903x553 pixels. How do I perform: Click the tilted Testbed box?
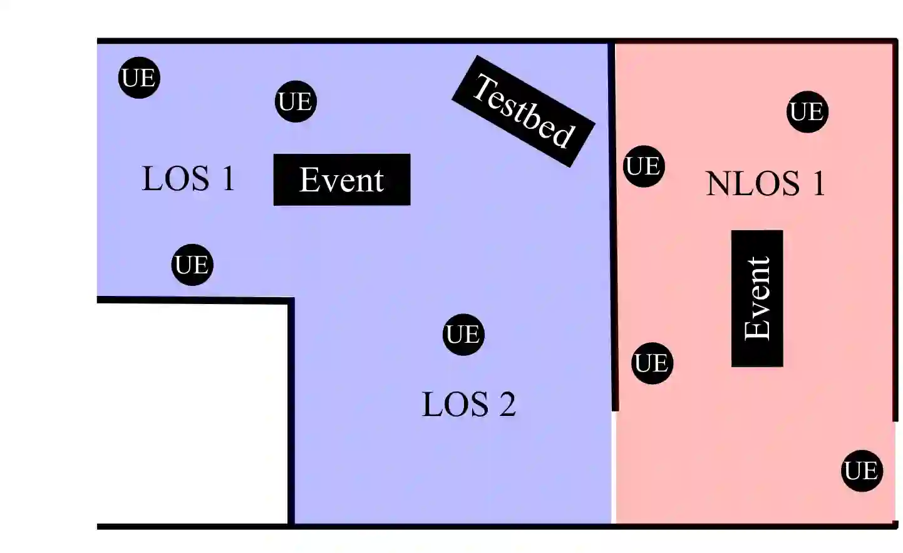(x=523, y=111)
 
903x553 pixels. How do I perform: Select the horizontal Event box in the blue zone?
(x=342, y=180)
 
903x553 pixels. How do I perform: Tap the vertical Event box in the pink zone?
(x=757, y=298)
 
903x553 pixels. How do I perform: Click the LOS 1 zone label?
(x=188, y=179)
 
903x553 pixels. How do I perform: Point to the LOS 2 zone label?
(x=468, y=404)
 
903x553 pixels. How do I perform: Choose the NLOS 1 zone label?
(x=765, y=184)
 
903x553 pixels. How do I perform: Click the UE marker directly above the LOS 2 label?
(x=463, y=335)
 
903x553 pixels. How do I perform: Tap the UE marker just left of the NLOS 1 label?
(x=644, y=166)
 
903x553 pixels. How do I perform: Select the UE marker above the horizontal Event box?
(x=296, y=101)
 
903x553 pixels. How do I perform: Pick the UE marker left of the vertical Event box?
(x=652, y=363)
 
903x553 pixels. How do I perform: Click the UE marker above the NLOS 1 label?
(x=807, y=112)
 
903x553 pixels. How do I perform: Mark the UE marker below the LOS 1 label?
(x=192, y=265)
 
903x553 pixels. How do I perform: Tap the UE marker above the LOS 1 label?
(x=139, y=78)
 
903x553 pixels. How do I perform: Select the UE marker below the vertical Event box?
(x=862, y=471)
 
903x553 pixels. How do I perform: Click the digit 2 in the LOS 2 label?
(x=507, y=405)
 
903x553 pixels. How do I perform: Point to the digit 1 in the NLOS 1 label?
(x=818, y=184)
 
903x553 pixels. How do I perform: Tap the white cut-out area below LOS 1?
(x=193, y=413)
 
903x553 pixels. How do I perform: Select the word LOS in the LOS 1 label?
(x=176, y=179)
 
